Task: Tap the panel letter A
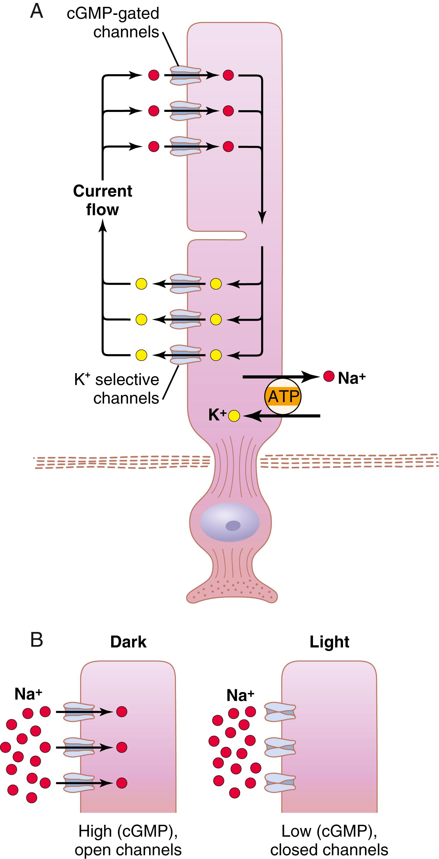click(37, 12)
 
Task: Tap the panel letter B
click(37, 640)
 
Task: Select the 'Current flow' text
click(103, 200)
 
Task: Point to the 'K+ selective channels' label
click(117, 389)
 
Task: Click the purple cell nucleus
click(229, 522)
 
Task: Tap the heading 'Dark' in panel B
click(128, 642)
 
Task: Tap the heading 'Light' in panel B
click(329, 642)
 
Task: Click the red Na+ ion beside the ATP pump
click(328, 376)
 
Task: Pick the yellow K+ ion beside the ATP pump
click(234, 416)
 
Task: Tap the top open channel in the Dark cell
click(79, 712)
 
